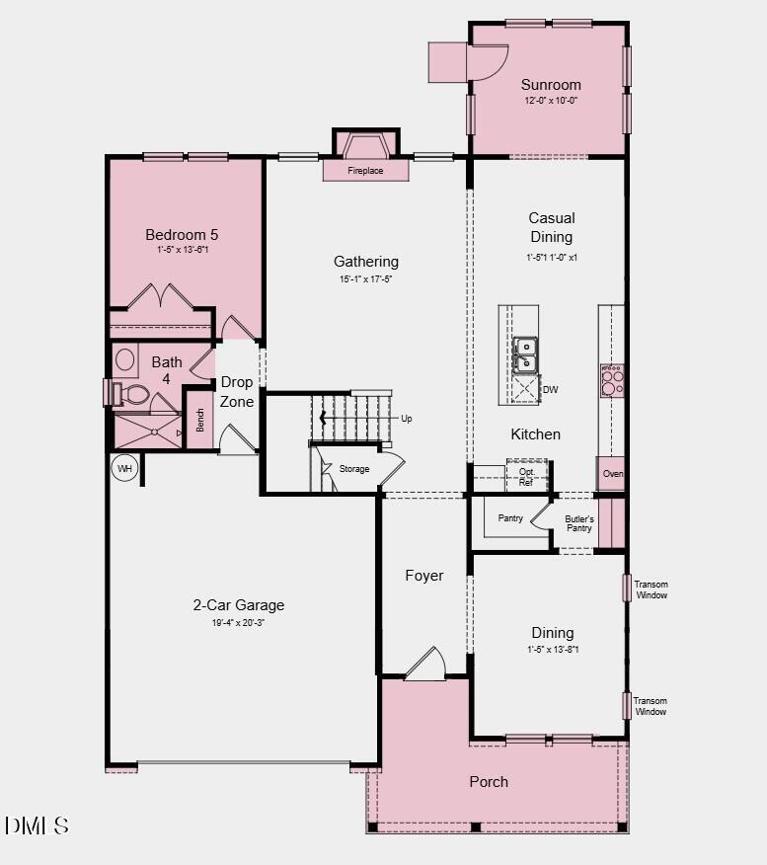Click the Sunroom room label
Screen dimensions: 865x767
[551, 85]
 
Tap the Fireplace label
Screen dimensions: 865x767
[365, 171]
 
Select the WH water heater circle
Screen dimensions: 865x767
[124, 468]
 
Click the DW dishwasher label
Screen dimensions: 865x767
[550, 390]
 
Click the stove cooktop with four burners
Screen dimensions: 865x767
[612, 380]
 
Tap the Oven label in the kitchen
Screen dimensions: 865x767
[613, 474]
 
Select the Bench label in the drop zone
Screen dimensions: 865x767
[200, 421]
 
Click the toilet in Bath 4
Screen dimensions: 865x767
[131, 395]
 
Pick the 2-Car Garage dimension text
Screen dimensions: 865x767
[238, 623]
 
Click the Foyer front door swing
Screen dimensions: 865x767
[426, 665]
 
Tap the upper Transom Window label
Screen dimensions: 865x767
[651, 590]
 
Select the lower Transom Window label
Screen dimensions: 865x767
[651, 706]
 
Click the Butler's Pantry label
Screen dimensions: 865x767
[578, 523]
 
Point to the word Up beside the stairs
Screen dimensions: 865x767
[406, 419]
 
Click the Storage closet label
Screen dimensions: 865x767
[354, 469]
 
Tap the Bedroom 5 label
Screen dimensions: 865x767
[182, 235]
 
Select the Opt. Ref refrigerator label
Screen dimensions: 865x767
[526, 477]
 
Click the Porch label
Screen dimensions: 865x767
[489, 781]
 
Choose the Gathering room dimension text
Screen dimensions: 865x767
[365, 279]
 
